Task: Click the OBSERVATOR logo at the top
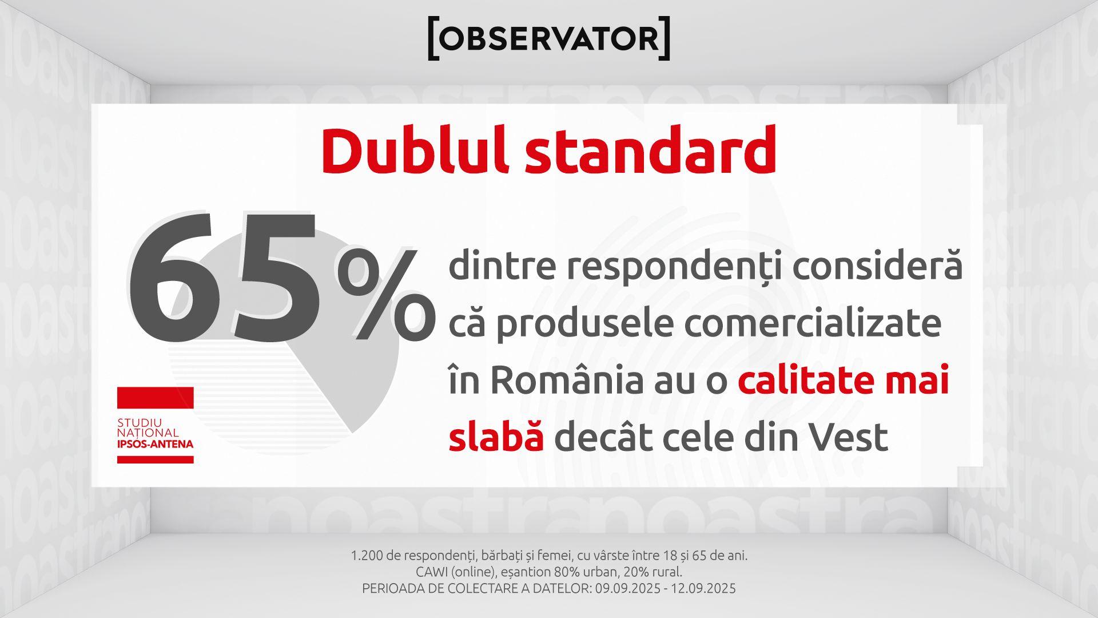pos(549,38)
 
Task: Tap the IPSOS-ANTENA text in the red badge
pos(156,444)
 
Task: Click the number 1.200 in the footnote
pos(367,555)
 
